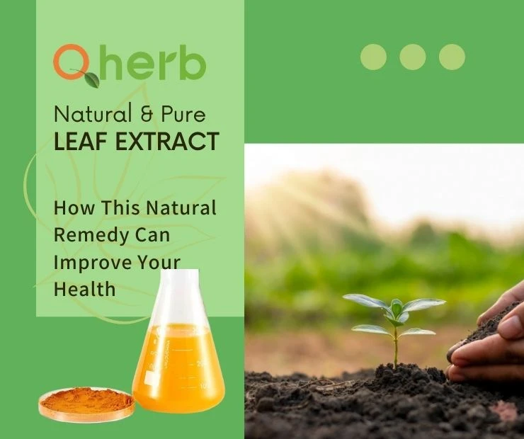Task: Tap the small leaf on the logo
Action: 91,79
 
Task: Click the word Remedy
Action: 88,235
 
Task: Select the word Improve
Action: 89,262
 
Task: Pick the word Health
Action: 84,289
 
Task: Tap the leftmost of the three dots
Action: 373,57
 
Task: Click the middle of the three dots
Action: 412,57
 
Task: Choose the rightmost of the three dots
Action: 452,57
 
